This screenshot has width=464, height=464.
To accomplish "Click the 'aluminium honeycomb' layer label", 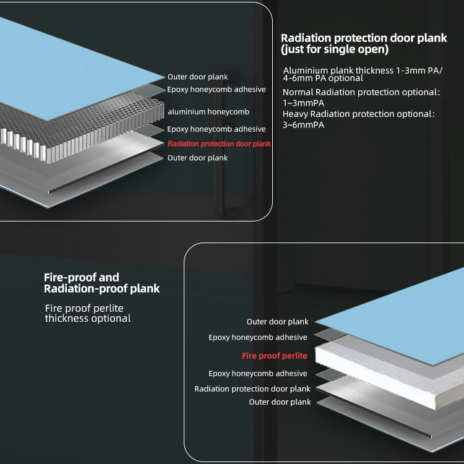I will click(208, 112).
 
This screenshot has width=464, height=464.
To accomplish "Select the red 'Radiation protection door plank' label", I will click(219, 144).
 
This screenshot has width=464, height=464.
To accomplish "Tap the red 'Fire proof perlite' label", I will click(274, 356).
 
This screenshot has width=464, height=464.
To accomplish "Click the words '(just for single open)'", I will click(335, 49).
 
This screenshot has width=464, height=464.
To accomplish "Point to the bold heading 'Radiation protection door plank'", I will click(364, 38).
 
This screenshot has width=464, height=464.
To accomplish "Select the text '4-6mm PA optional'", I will click(323, 79).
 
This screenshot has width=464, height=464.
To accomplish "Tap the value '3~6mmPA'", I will click(303, 125).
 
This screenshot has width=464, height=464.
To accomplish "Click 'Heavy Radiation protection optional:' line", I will click(359, 114).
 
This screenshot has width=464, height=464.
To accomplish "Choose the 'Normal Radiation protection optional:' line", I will click(361, 92).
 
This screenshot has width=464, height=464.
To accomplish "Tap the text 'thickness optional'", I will click(88, 319).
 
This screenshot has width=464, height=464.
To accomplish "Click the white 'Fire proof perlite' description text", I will click(84, 308).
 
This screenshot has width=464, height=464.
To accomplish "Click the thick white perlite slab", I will click(384, 371).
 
